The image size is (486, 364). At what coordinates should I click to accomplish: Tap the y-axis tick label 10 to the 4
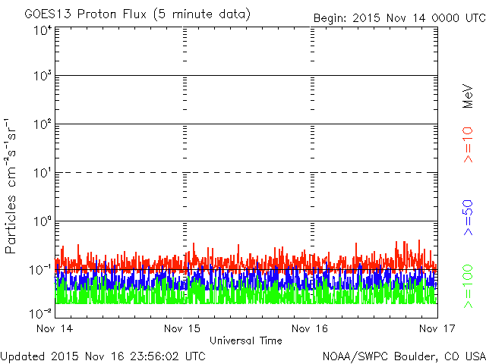click(x=42, y=30)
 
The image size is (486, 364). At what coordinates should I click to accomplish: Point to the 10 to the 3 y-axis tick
click(x=42, y=76)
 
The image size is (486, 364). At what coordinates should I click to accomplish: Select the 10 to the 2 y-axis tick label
click(x=42, y=124)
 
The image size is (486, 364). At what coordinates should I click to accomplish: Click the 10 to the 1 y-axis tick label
click(x=42, y=173)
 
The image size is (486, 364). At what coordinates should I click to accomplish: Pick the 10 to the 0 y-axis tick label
click(x=42, y=221)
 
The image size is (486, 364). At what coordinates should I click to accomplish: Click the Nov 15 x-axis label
click(x=182, y=328)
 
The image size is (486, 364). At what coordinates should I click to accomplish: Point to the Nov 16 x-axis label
click(x=310, y=328)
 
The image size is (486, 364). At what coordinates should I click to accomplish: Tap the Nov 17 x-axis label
click(x=437, y=328)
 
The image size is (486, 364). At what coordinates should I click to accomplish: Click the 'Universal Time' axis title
click(x=246, y=340)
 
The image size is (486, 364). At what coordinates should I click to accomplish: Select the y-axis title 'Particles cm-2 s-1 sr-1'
click(x=11, y=186)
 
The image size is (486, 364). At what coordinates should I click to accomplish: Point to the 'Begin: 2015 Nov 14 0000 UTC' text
click(x=399, y=17)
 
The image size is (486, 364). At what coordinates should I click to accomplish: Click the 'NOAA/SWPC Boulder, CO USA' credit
click(x=403, y=356)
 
